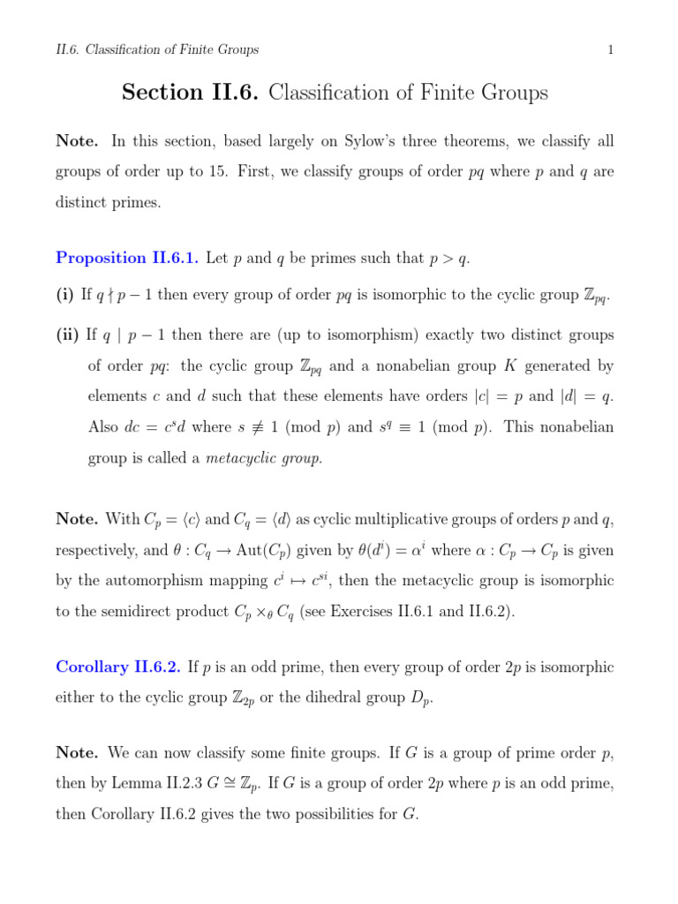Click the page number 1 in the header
(610, 50)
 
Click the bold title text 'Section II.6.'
(190, 93)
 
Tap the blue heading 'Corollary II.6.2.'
(118, 667)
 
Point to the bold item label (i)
(65, 296)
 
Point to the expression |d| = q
(585, 396)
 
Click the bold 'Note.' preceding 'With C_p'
(77, 520)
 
